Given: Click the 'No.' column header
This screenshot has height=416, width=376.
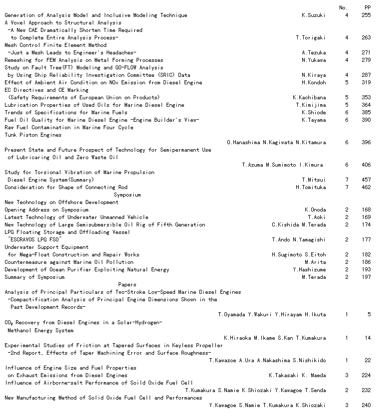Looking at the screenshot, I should [343, 7].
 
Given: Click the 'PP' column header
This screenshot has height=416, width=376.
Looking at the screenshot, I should [367, 7].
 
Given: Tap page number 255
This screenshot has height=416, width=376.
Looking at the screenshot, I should [366, 15].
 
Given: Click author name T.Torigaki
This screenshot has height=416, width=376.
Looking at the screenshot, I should [310, 38].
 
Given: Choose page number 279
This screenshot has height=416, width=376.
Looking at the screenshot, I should [366, 60].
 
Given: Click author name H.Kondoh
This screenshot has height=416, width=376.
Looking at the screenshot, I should [313, 83].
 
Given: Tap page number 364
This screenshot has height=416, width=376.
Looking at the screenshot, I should [366, 105].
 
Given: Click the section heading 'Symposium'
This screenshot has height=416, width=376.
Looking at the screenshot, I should [127, 195].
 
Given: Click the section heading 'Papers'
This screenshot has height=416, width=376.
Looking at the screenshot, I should [127, 285].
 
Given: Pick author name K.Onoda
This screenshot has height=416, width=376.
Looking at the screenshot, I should [315, 210].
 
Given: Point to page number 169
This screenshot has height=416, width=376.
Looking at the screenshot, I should [366, 217].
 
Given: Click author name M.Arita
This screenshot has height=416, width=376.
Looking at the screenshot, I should [315, 262].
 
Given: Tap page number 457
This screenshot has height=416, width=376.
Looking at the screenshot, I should [366, 180].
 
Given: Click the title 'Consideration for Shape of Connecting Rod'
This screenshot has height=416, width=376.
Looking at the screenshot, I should [66, 188].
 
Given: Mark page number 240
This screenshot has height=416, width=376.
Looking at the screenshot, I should [366, 405].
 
